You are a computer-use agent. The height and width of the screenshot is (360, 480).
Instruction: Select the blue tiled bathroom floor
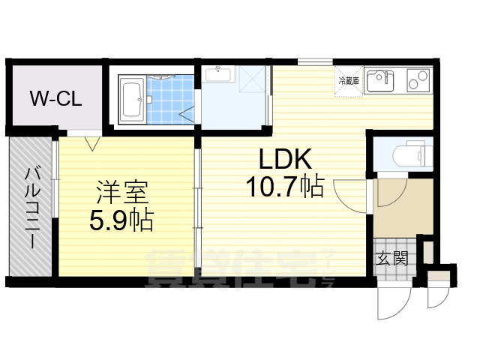[166, 101]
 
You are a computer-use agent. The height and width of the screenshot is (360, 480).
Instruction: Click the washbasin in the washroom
[217, 75]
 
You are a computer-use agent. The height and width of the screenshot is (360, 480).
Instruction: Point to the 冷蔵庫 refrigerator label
[349, 81]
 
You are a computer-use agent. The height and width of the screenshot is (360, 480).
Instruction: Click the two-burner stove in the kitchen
[418, 79]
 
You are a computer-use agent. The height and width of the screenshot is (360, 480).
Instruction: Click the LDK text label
[284, 160]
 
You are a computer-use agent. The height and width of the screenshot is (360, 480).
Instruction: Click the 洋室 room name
[121, 193]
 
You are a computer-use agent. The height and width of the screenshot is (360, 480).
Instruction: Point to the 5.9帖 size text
[121, 220]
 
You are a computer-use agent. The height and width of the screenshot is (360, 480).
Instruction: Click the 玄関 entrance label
[392, 259]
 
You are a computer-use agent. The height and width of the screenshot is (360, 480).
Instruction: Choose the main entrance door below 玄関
[391, 303]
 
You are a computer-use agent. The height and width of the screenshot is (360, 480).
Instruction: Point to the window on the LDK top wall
[315, 61]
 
